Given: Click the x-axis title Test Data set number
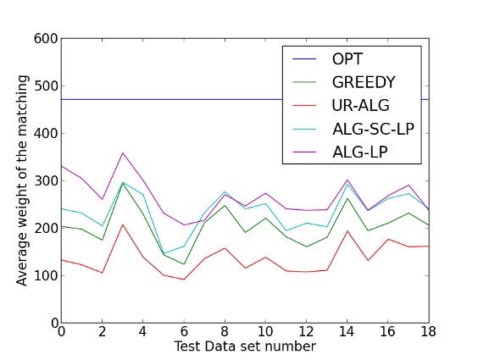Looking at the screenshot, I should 245,347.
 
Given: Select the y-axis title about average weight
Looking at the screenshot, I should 23,180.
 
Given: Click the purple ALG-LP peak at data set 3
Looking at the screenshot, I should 122,153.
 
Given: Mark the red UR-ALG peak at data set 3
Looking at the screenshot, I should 122,224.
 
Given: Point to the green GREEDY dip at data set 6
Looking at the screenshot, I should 184,264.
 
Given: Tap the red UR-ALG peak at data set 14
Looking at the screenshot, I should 347,230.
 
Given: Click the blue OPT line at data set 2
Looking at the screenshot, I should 102,99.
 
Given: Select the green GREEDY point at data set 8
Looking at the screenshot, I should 225,205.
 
